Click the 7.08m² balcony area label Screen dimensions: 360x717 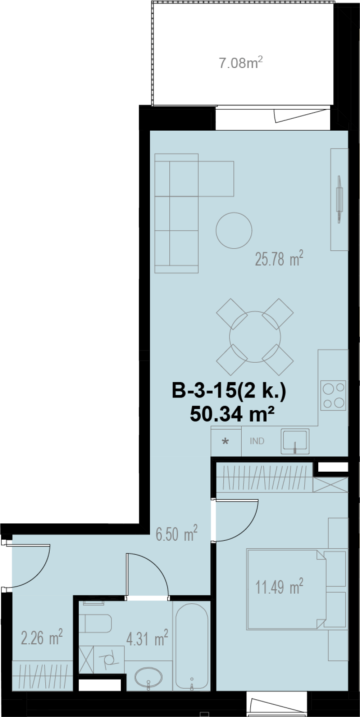241,63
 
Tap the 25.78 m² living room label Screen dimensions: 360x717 279,258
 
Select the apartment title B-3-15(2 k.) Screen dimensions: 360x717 229,390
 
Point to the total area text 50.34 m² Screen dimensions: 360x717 232,414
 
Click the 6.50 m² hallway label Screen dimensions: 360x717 177,533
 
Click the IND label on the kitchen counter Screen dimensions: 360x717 257,441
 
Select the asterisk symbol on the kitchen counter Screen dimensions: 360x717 225,441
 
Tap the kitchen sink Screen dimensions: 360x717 295,441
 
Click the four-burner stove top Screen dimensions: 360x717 333,395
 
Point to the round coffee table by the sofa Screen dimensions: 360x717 234,230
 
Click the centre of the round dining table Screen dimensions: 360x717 255,337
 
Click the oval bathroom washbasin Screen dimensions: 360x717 148,677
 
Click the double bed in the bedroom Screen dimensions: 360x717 286,589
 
